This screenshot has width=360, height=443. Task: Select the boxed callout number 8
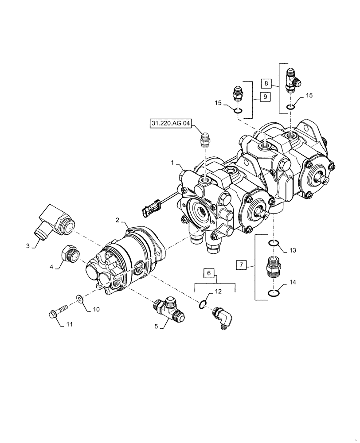pyautogui.click(x=266, y=83)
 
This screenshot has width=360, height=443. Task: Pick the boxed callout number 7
pyautogui.click(x=241, y=265)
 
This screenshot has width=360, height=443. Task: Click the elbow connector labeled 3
pyautogui.click(x=53, y=222)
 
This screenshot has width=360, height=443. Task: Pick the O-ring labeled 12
pyautogui.click(x=202, y=303)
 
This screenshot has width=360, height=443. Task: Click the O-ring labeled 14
pyautogui.click(x=274, y=291)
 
